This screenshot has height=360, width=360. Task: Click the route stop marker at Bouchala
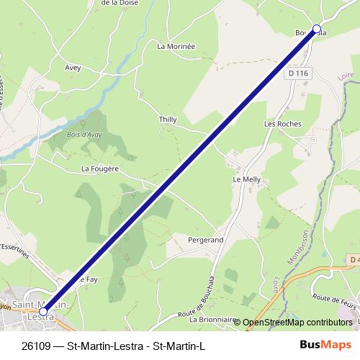pos(316,30)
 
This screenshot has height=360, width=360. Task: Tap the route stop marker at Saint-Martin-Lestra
pos(44,311)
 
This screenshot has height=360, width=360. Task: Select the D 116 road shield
pos(297,73)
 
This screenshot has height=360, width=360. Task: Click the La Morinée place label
pos(176,46)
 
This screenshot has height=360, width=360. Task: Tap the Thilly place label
pos(167,120)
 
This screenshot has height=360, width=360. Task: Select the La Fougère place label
pos(99,168)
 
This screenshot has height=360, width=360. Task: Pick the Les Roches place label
pos(283,124)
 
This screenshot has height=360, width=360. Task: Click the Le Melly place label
pos(245,179)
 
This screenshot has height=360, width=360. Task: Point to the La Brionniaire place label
pos(212,318)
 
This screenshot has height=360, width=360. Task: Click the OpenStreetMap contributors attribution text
pos(297,323)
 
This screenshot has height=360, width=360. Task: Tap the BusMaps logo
pos(325,344)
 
